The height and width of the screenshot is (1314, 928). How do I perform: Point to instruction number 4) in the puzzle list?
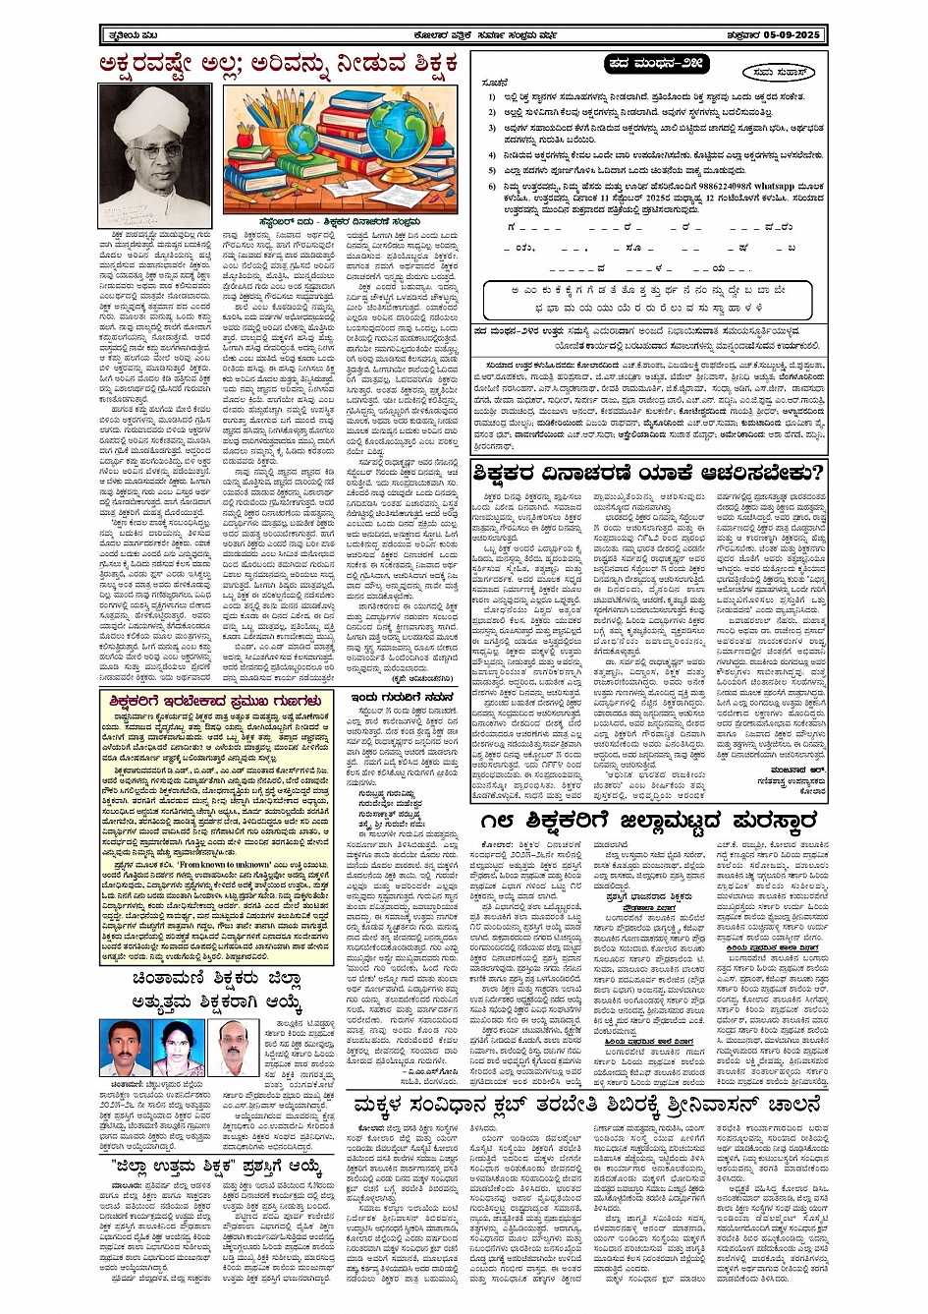492,156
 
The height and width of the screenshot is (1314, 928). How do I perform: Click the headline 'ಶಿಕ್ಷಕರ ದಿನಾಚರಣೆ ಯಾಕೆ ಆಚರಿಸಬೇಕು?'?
648,474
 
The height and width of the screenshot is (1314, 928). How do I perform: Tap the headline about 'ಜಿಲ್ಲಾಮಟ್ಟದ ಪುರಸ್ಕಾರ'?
649,822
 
